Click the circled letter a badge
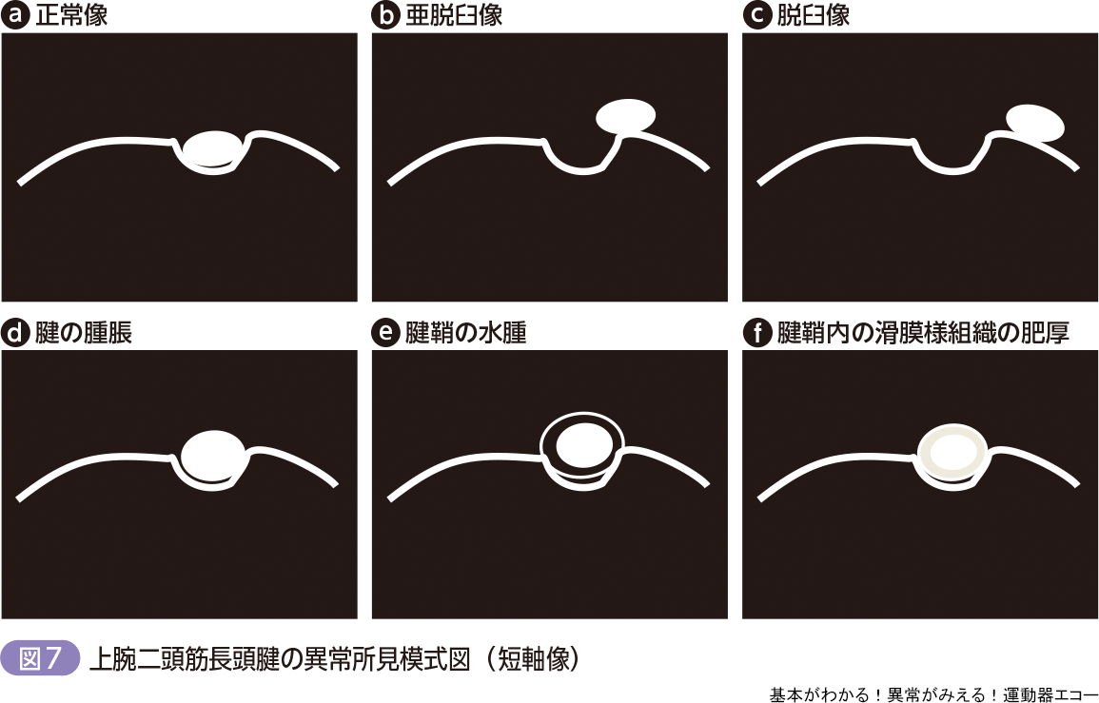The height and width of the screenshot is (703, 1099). [15, 15]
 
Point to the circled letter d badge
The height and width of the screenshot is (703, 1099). [15, 332]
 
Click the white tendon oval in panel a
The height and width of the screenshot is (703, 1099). [212, 148]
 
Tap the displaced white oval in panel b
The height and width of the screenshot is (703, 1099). [626, 116]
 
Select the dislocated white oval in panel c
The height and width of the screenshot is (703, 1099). [1035, 124]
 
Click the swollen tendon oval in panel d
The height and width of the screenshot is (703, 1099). [213, 456]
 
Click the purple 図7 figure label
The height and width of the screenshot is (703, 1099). [41, 659]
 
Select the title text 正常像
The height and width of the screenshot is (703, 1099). [71, 15]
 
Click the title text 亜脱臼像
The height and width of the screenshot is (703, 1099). [454, 15]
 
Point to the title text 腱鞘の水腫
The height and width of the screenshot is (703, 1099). [466, 332]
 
